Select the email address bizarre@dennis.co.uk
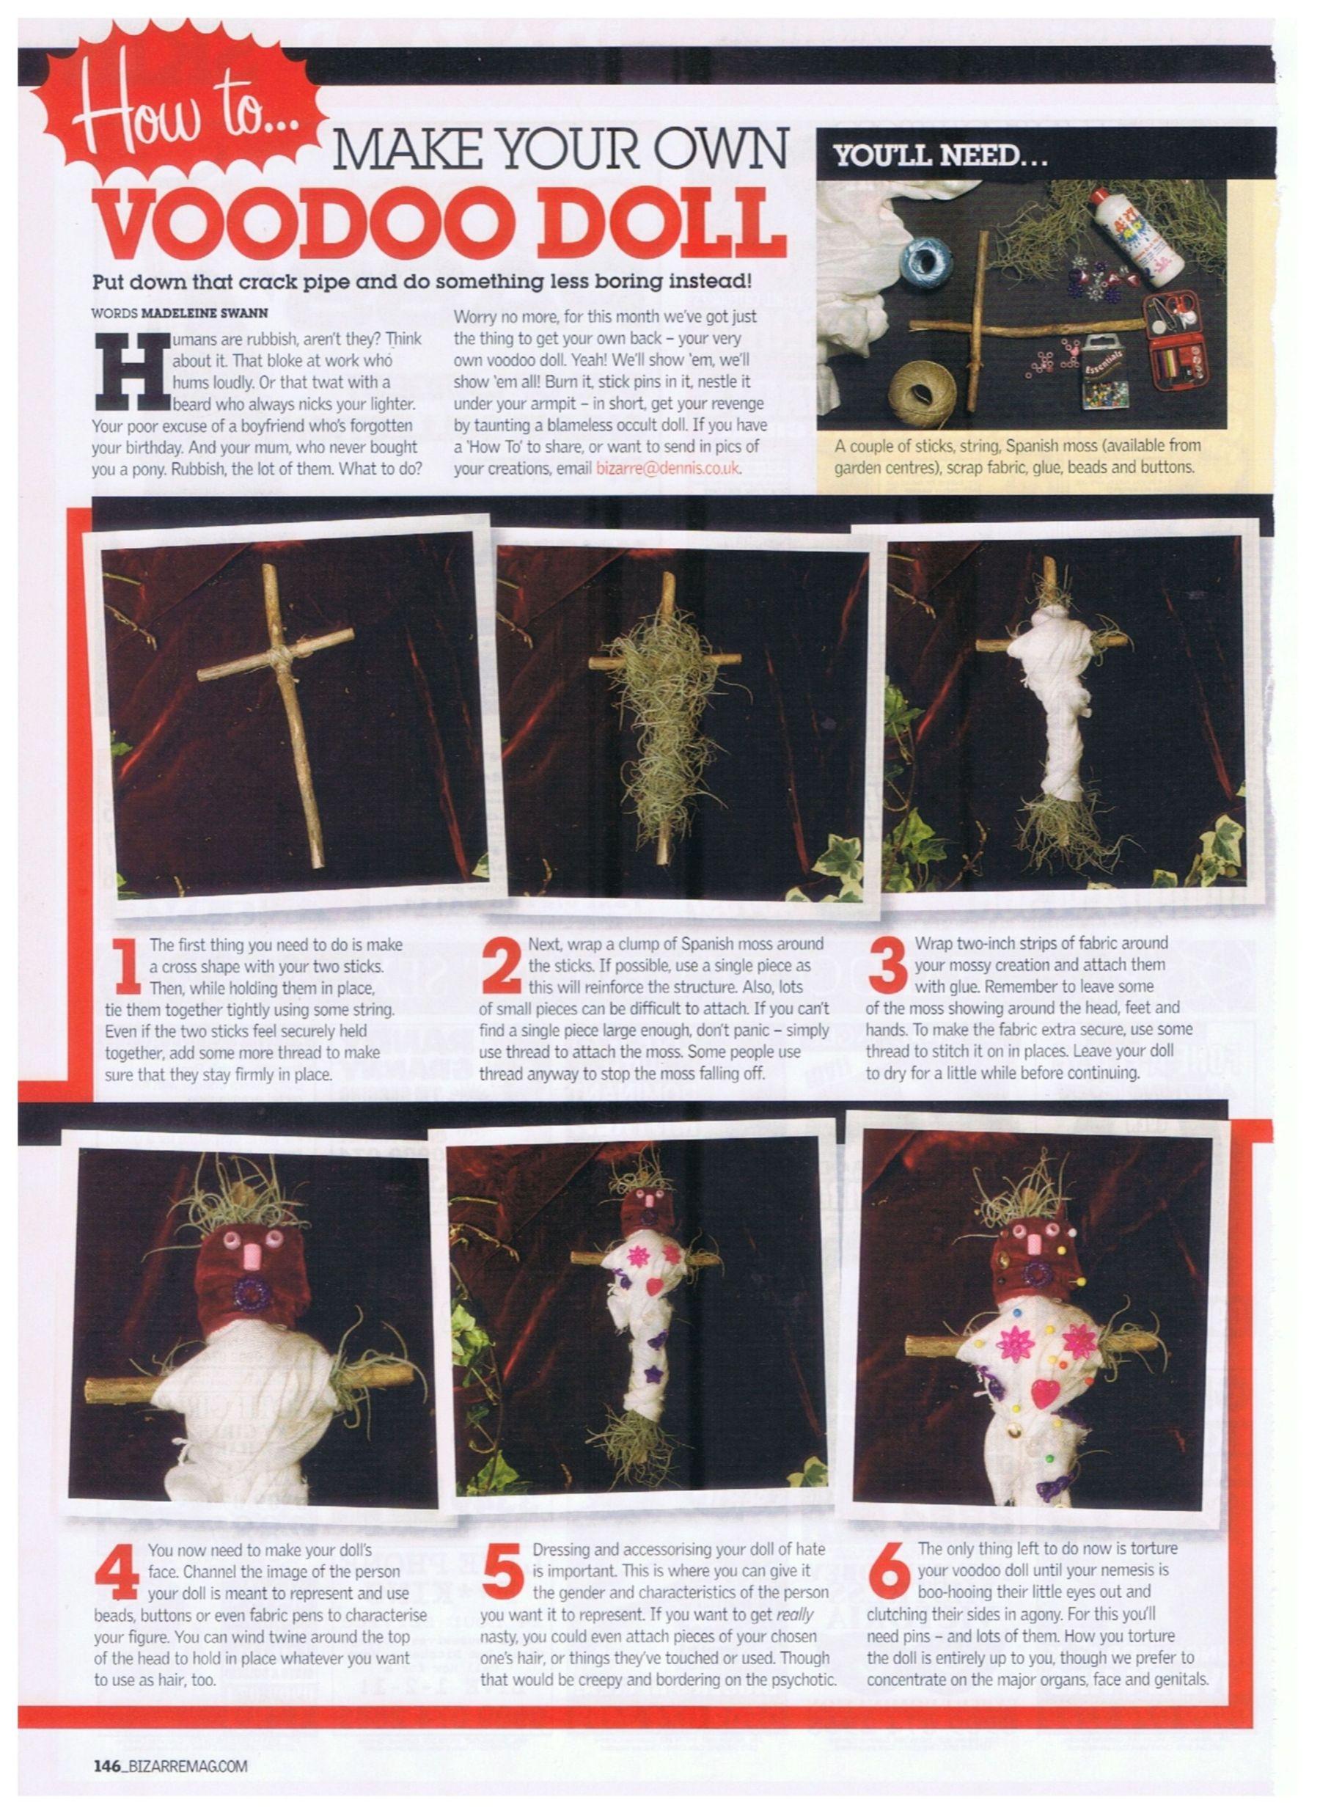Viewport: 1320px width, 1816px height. tap(668, 469)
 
